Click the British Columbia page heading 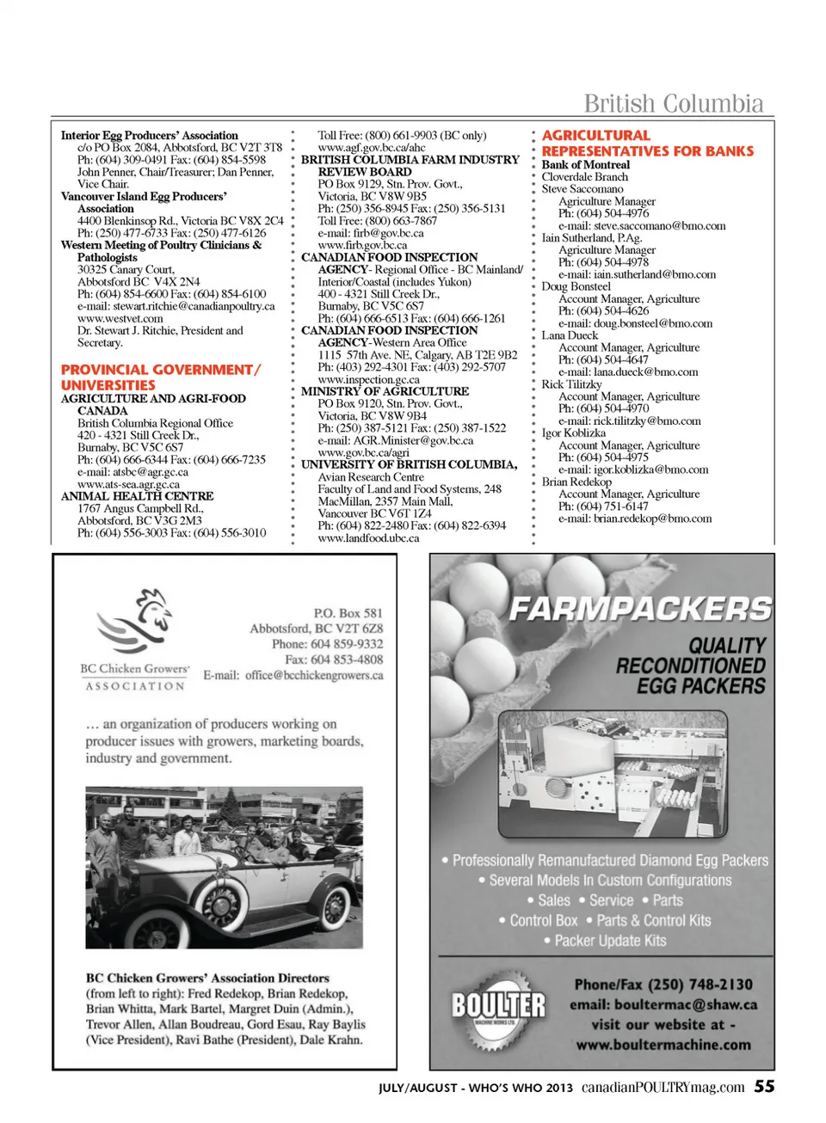coord(673,104)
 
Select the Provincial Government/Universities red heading coord(160,377)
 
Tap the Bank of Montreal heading coord(585,164)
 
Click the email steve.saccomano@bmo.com coord(641,226)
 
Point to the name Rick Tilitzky coord(571,384)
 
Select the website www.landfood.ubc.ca coord(368,538)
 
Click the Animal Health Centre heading coord(137,496)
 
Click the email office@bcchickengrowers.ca coord(314,676)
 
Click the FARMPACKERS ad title coord(640,609)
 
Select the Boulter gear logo coord(499,1008)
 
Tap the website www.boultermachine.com coord(663,1045)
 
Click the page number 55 coord(764,1086)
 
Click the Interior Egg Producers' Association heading coord(149,135)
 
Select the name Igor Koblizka coord(573,433)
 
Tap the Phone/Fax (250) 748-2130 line coord(663,985)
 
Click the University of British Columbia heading coord(409,464)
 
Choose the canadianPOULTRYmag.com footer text coord(663,1087)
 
